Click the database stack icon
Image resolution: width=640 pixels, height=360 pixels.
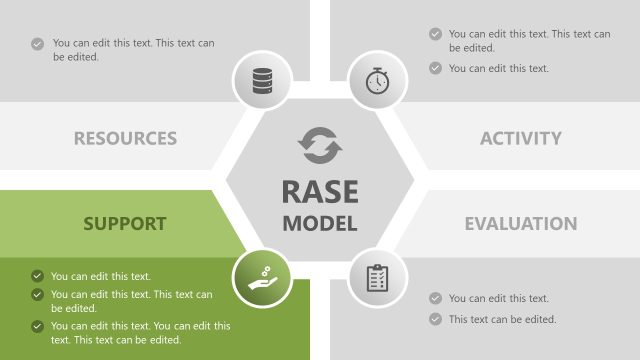[x=262, y=80]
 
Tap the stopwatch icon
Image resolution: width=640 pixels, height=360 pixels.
[x=377, y=80]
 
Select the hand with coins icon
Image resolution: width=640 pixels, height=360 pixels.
[x=262, y=278]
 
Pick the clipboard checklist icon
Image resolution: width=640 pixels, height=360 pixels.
[x=377, y=278]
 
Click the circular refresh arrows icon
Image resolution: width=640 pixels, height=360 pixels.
[x=320, y=146]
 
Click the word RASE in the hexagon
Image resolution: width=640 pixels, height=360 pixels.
[x=320, y=190]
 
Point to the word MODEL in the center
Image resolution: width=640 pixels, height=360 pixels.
[x=320, y=223]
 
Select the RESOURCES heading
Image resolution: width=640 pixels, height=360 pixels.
[x=125, y=139]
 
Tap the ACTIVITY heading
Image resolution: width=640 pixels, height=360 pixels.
[x=520, y=139]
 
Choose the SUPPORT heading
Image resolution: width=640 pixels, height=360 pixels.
[x=125, y=222]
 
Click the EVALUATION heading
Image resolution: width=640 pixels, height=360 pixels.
[x=520, y=223]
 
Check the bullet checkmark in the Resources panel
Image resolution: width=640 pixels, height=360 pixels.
[x=37, y=44]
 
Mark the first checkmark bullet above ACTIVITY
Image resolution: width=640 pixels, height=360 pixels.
[x=435, y=34]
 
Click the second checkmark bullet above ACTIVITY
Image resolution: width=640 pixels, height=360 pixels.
[x=435, y=68]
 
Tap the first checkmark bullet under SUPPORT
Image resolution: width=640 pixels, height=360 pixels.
[x=37, y=276]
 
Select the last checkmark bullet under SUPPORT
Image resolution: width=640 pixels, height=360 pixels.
[x=37, y=326]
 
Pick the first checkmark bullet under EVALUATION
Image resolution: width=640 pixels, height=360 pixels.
[x=435, y=298]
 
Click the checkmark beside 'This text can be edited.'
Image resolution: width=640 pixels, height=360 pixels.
[x=435, y=319]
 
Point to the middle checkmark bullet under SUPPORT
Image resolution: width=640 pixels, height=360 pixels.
[x=37, y=295]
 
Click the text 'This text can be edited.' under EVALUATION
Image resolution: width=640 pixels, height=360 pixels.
[x=502, y=319]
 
